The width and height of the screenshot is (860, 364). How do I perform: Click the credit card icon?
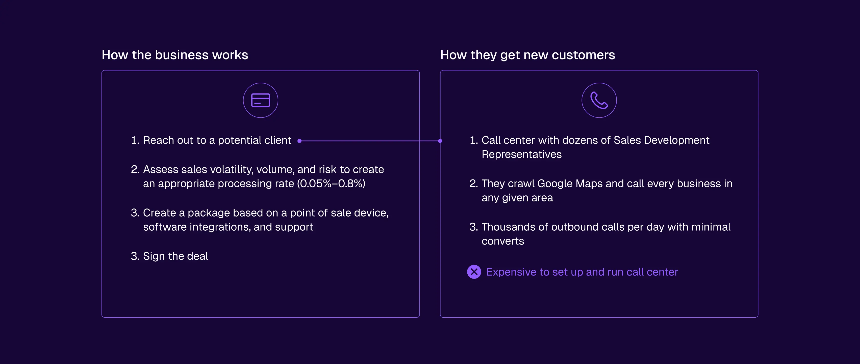click(260, 100)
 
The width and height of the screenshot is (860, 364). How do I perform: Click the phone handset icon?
click(599, 100)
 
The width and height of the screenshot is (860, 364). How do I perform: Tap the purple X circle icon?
click(474, 272)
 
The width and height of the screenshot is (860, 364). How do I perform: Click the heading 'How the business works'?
click(175, 55)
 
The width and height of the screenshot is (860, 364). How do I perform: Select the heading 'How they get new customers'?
click(527, 55)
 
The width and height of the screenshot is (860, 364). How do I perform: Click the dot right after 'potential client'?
click(299, 141)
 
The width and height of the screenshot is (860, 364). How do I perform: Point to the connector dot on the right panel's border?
click(440, 141)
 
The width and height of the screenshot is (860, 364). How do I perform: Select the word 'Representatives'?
click(521, 154)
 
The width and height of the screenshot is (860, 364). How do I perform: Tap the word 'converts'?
click(503, 241)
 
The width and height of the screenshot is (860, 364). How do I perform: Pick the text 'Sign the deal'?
click(175, 256)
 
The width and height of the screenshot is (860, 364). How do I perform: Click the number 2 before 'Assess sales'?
click(135, 170)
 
